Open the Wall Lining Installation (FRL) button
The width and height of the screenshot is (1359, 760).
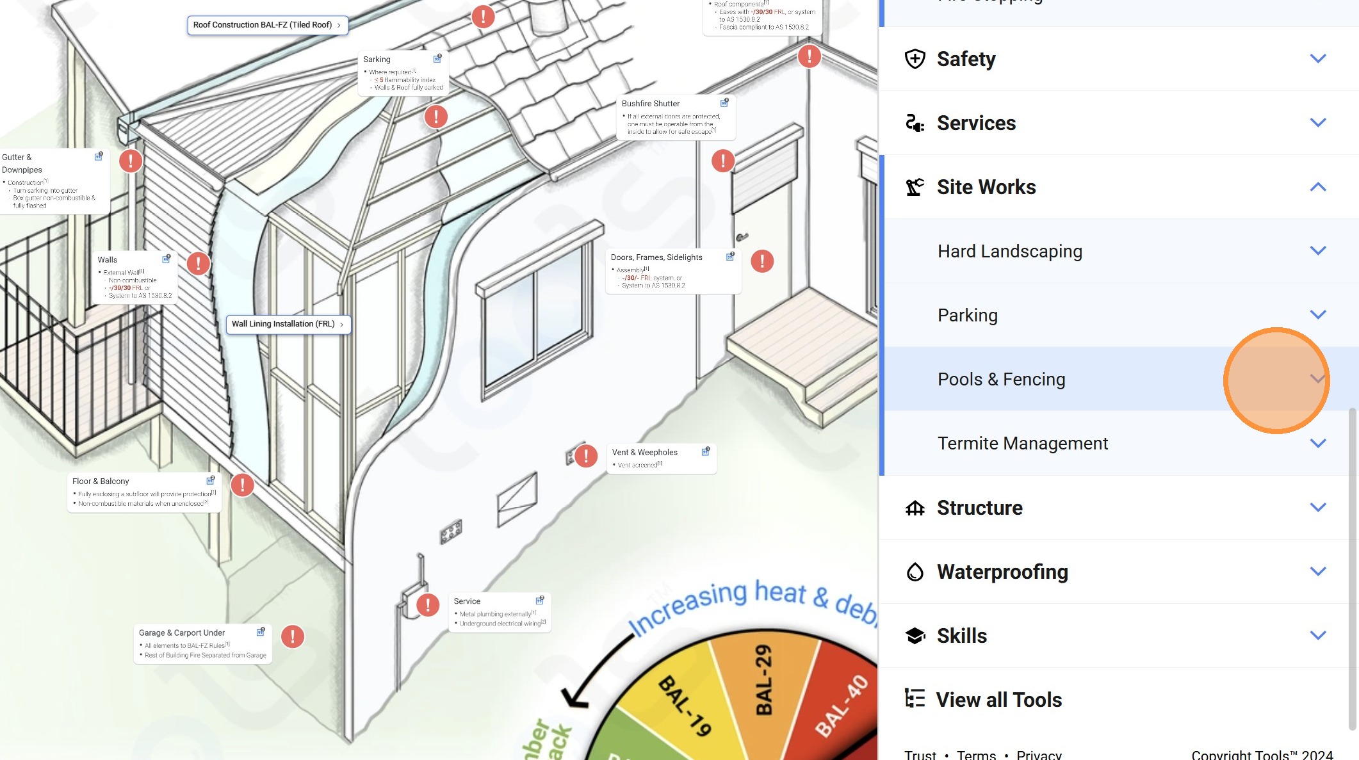click(288, 324)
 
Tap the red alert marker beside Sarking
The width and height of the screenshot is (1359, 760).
click(435, 117)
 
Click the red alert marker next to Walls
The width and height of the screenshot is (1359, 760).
click(198, 263)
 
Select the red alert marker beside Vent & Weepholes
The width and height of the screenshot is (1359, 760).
click(585, 456)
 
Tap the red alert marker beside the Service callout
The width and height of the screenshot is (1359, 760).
click(427, 604)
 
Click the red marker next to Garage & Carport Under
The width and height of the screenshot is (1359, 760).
click(292, 636)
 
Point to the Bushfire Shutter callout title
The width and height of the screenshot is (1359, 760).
click(650, 104)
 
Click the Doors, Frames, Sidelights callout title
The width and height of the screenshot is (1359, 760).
click(656, 257)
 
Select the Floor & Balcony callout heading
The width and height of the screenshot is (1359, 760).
click(101, 481)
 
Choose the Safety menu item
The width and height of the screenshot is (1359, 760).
click(966, 59)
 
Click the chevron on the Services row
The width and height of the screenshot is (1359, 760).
click(1317, 122)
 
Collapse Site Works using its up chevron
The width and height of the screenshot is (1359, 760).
click(1317, 187)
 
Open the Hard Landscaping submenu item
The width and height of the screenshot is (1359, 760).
click(1009, 251)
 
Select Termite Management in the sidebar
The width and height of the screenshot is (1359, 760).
click(1022, 443)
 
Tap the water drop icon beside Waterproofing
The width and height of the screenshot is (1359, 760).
click(915, 572)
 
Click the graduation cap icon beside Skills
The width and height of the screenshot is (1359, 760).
click(915, 636)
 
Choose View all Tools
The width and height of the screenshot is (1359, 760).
click(998, 700)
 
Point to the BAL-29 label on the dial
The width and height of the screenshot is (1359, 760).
click(763, 679)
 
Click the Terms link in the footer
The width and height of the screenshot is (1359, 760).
click(975, 755)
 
